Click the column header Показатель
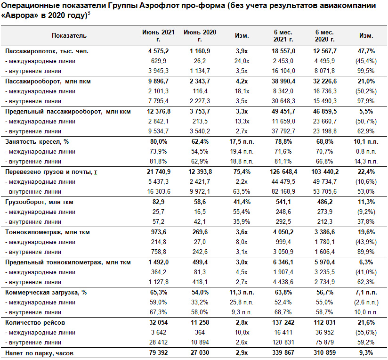tap(69, 36)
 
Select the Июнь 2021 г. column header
tap(158, 36)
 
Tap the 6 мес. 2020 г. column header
tap(324, 36)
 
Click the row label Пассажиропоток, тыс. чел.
tap(47, 51)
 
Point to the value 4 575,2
tap(158, 51)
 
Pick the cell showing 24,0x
tap(242, 61)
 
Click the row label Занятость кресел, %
tap(37, 142)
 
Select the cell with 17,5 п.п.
tap(242, 142)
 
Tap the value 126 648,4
tap(283, 172)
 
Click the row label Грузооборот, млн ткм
tap(40, 202)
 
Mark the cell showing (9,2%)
tap(366, 212)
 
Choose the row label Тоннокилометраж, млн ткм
tap(48, 232)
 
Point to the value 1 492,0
tap(158, 262)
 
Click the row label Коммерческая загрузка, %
tap(46, 293)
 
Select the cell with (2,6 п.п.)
tap(366, 303)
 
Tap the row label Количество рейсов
tap(35, 323)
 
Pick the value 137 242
tap(283, 323)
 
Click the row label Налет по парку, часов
tap(40, 353)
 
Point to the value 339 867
tap(283, 352)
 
